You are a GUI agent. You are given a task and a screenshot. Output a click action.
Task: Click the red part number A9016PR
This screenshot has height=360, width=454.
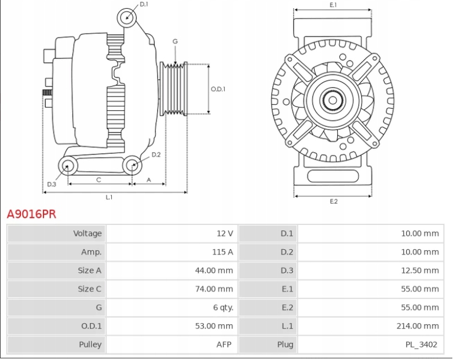(x=31, y=214)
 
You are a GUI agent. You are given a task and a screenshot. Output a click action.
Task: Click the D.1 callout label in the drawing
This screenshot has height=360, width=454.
(x=144, y=4)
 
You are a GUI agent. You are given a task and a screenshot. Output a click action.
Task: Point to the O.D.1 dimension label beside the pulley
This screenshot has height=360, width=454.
(x=218, y=89)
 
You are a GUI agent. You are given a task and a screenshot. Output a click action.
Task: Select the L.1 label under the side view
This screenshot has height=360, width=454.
(x=109, y=197)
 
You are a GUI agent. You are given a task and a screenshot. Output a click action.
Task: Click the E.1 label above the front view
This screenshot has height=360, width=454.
(x=333, y=5)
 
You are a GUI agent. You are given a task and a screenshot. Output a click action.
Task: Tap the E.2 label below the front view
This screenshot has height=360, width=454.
(x=333, y=201)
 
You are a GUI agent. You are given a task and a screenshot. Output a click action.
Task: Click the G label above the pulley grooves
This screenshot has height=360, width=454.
(x=175, y=41)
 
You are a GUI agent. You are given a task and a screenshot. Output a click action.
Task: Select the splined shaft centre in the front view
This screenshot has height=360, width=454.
(x=332, y=100)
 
